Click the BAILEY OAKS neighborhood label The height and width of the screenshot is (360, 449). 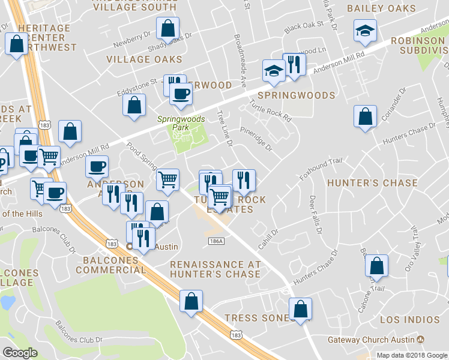tap(389, 8)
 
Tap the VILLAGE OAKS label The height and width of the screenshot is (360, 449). tap(144, 59)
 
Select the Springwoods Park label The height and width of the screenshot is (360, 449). tap(181, 124)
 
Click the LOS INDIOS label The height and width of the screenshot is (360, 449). tap(410, 319)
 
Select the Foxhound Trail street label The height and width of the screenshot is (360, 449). tap(321, 169)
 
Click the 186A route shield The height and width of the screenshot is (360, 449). tap(217, 241)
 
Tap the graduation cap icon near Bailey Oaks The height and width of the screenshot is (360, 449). tap(364, 31)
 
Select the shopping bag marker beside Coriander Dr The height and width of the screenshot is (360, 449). tap(365, 116)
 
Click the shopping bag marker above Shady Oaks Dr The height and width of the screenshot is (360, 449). tap(167, 28)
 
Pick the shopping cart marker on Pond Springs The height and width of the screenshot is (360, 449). tap(167, 178)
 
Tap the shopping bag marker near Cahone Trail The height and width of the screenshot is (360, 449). tap(376, 265)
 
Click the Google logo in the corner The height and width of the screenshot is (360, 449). tap(20, 353)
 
